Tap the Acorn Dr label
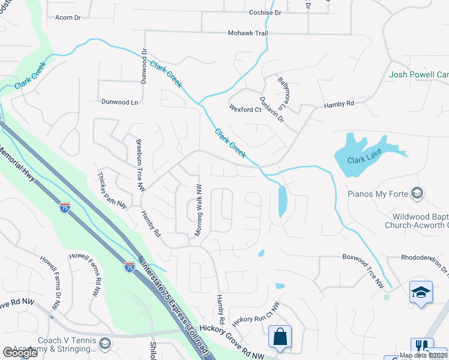67,18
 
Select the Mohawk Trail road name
247,33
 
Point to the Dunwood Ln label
119,103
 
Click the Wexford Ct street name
246,109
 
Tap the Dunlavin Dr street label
271,110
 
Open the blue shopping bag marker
280,337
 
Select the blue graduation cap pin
421,292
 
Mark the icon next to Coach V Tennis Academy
105,343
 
